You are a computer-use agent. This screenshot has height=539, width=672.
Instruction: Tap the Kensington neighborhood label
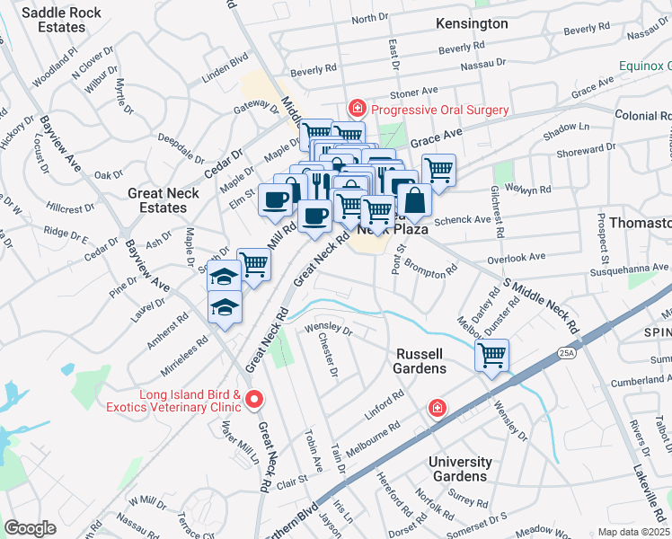click(472, 24)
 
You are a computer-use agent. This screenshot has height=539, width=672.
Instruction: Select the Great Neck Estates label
click(157, 200)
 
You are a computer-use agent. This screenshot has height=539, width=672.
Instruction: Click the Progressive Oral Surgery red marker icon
click(357, 110)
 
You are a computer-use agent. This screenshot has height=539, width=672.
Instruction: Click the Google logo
click(30, 527)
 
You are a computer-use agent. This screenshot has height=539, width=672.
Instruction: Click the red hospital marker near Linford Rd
click(437, 409)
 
